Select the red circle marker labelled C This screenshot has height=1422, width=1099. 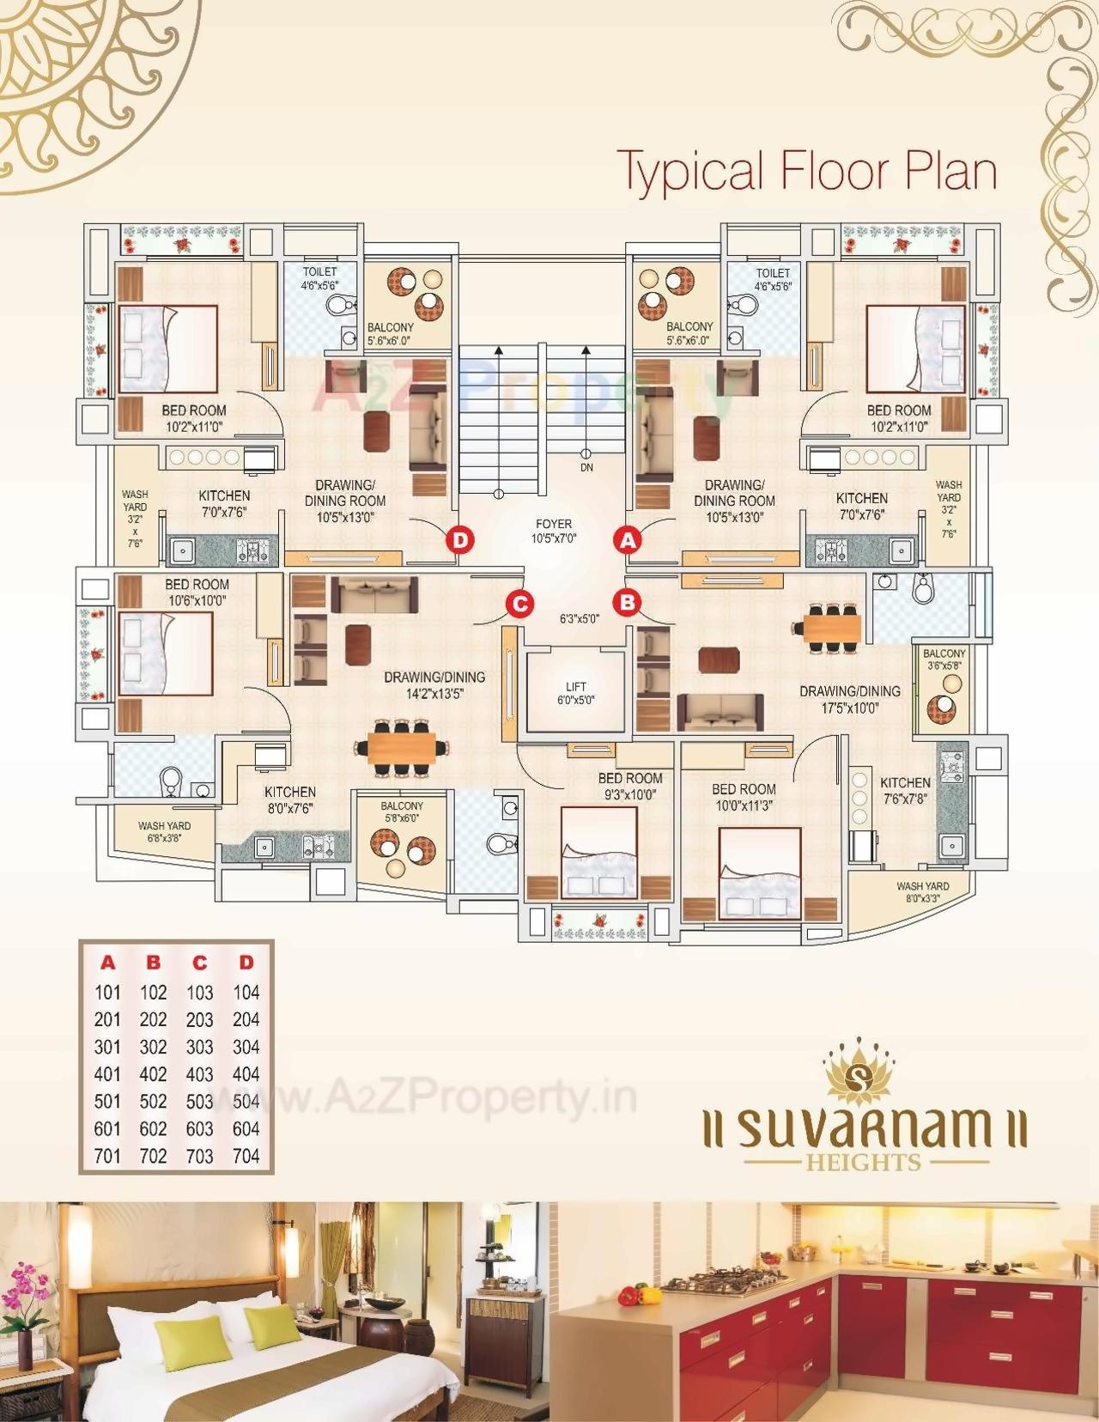[519, 604]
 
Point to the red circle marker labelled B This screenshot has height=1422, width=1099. [628, 602]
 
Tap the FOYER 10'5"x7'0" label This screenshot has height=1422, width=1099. [553, 531]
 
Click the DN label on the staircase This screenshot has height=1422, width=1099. [586, 468]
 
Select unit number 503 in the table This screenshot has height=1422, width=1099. [199, 1102]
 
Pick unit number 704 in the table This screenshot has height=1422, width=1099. [246, 1156]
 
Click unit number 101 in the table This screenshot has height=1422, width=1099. [107, 993]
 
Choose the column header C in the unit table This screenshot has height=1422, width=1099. [199, 963]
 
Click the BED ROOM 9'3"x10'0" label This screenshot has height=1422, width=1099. [630, 787]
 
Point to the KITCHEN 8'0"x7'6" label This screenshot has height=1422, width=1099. [289, 799]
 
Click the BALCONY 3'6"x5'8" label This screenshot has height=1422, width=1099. [944, 659]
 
